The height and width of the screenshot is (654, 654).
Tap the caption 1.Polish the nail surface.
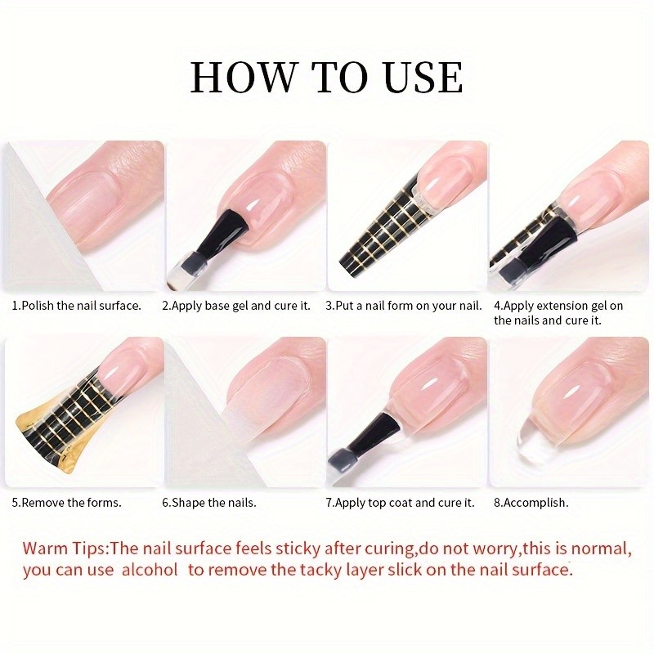pos(76,306)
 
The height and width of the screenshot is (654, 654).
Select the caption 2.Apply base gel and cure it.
pos(236,306)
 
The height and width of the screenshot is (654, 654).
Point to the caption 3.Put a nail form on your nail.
pos(404,306)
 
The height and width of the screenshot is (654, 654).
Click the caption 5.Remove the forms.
pos(66,502)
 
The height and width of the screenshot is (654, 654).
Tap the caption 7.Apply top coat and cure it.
pos(400,502)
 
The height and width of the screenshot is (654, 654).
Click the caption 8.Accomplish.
pos(531,502)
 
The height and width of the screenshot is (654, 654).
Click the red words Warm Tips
pos(65,547)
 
